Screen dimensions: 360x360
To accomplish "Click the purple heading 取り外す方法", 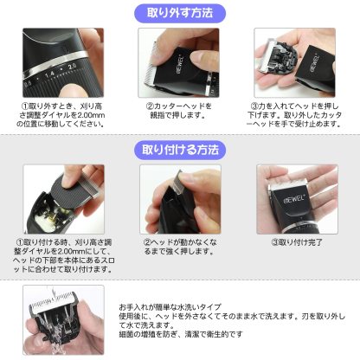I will tap(180, 13).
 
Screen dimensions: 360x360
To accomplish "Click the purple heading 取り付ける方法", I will tap(180, 150).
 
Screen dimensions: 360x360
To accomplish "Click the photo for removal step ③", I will tap(293, 61).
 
